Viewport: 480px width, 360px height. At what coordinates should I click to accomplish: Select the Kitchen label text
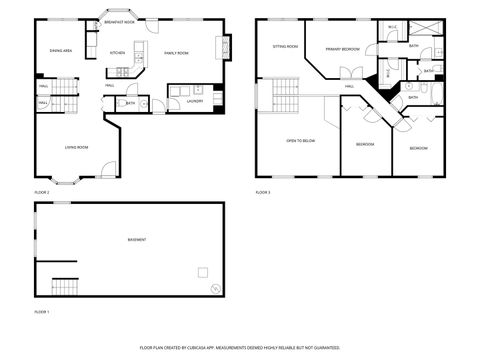point(117,53)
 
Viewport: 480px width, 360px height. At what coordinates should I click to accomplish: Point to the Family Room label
point(177,53)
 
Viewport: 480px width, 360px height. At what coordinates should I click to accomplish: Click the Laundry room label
point(195,100)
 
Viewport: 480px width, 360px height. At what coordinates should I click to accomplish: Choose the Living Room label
point(76,147)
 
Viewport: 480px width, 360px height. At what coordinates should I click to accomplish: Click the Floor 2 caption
point(42,191)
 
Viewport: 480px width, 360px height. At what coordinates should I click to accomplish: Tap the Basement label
point(136,240)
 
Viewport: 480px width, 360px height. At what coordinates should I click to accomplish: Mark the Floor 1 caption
point(42,312)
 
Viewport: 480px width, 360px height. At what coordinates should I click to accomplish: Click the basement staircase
point(64,285)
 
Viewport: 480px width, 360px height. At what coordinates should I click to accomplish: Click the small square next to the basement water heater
point(203,272)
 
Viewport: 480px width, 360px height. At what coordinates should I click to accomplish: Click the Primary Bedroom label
point(343,48)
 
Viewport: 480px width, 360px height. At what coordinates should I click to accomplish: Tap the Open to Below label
point(301,141)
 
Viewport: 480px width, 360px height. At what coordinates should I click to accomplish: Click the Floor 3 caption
point(263,191)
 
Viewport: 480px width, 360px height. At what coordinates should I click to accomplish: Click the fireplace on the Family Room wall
point(228,47)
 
